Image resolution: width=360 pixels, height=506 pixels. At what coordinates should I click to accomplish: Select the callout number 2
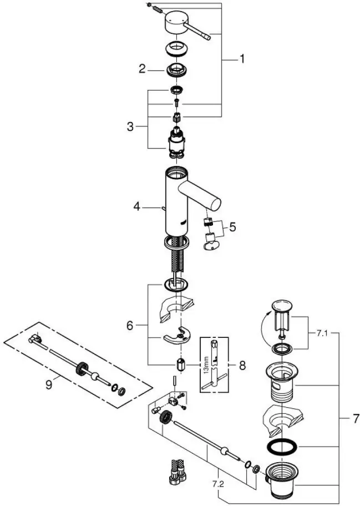tap(142, 69)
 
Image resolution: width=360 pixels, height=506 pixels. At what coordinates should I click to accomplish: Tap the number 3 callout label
tap(130, 127)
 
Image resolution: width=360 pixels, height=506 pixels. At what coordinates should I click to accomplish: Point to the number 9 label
tap(49, 384)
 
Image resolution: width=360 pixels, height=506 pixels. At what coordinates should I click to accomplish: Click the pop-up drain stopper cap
tap(282, 306)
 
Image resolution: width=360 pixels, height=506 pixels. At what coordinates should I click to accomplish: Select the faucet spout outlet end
tap(212, 199)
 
